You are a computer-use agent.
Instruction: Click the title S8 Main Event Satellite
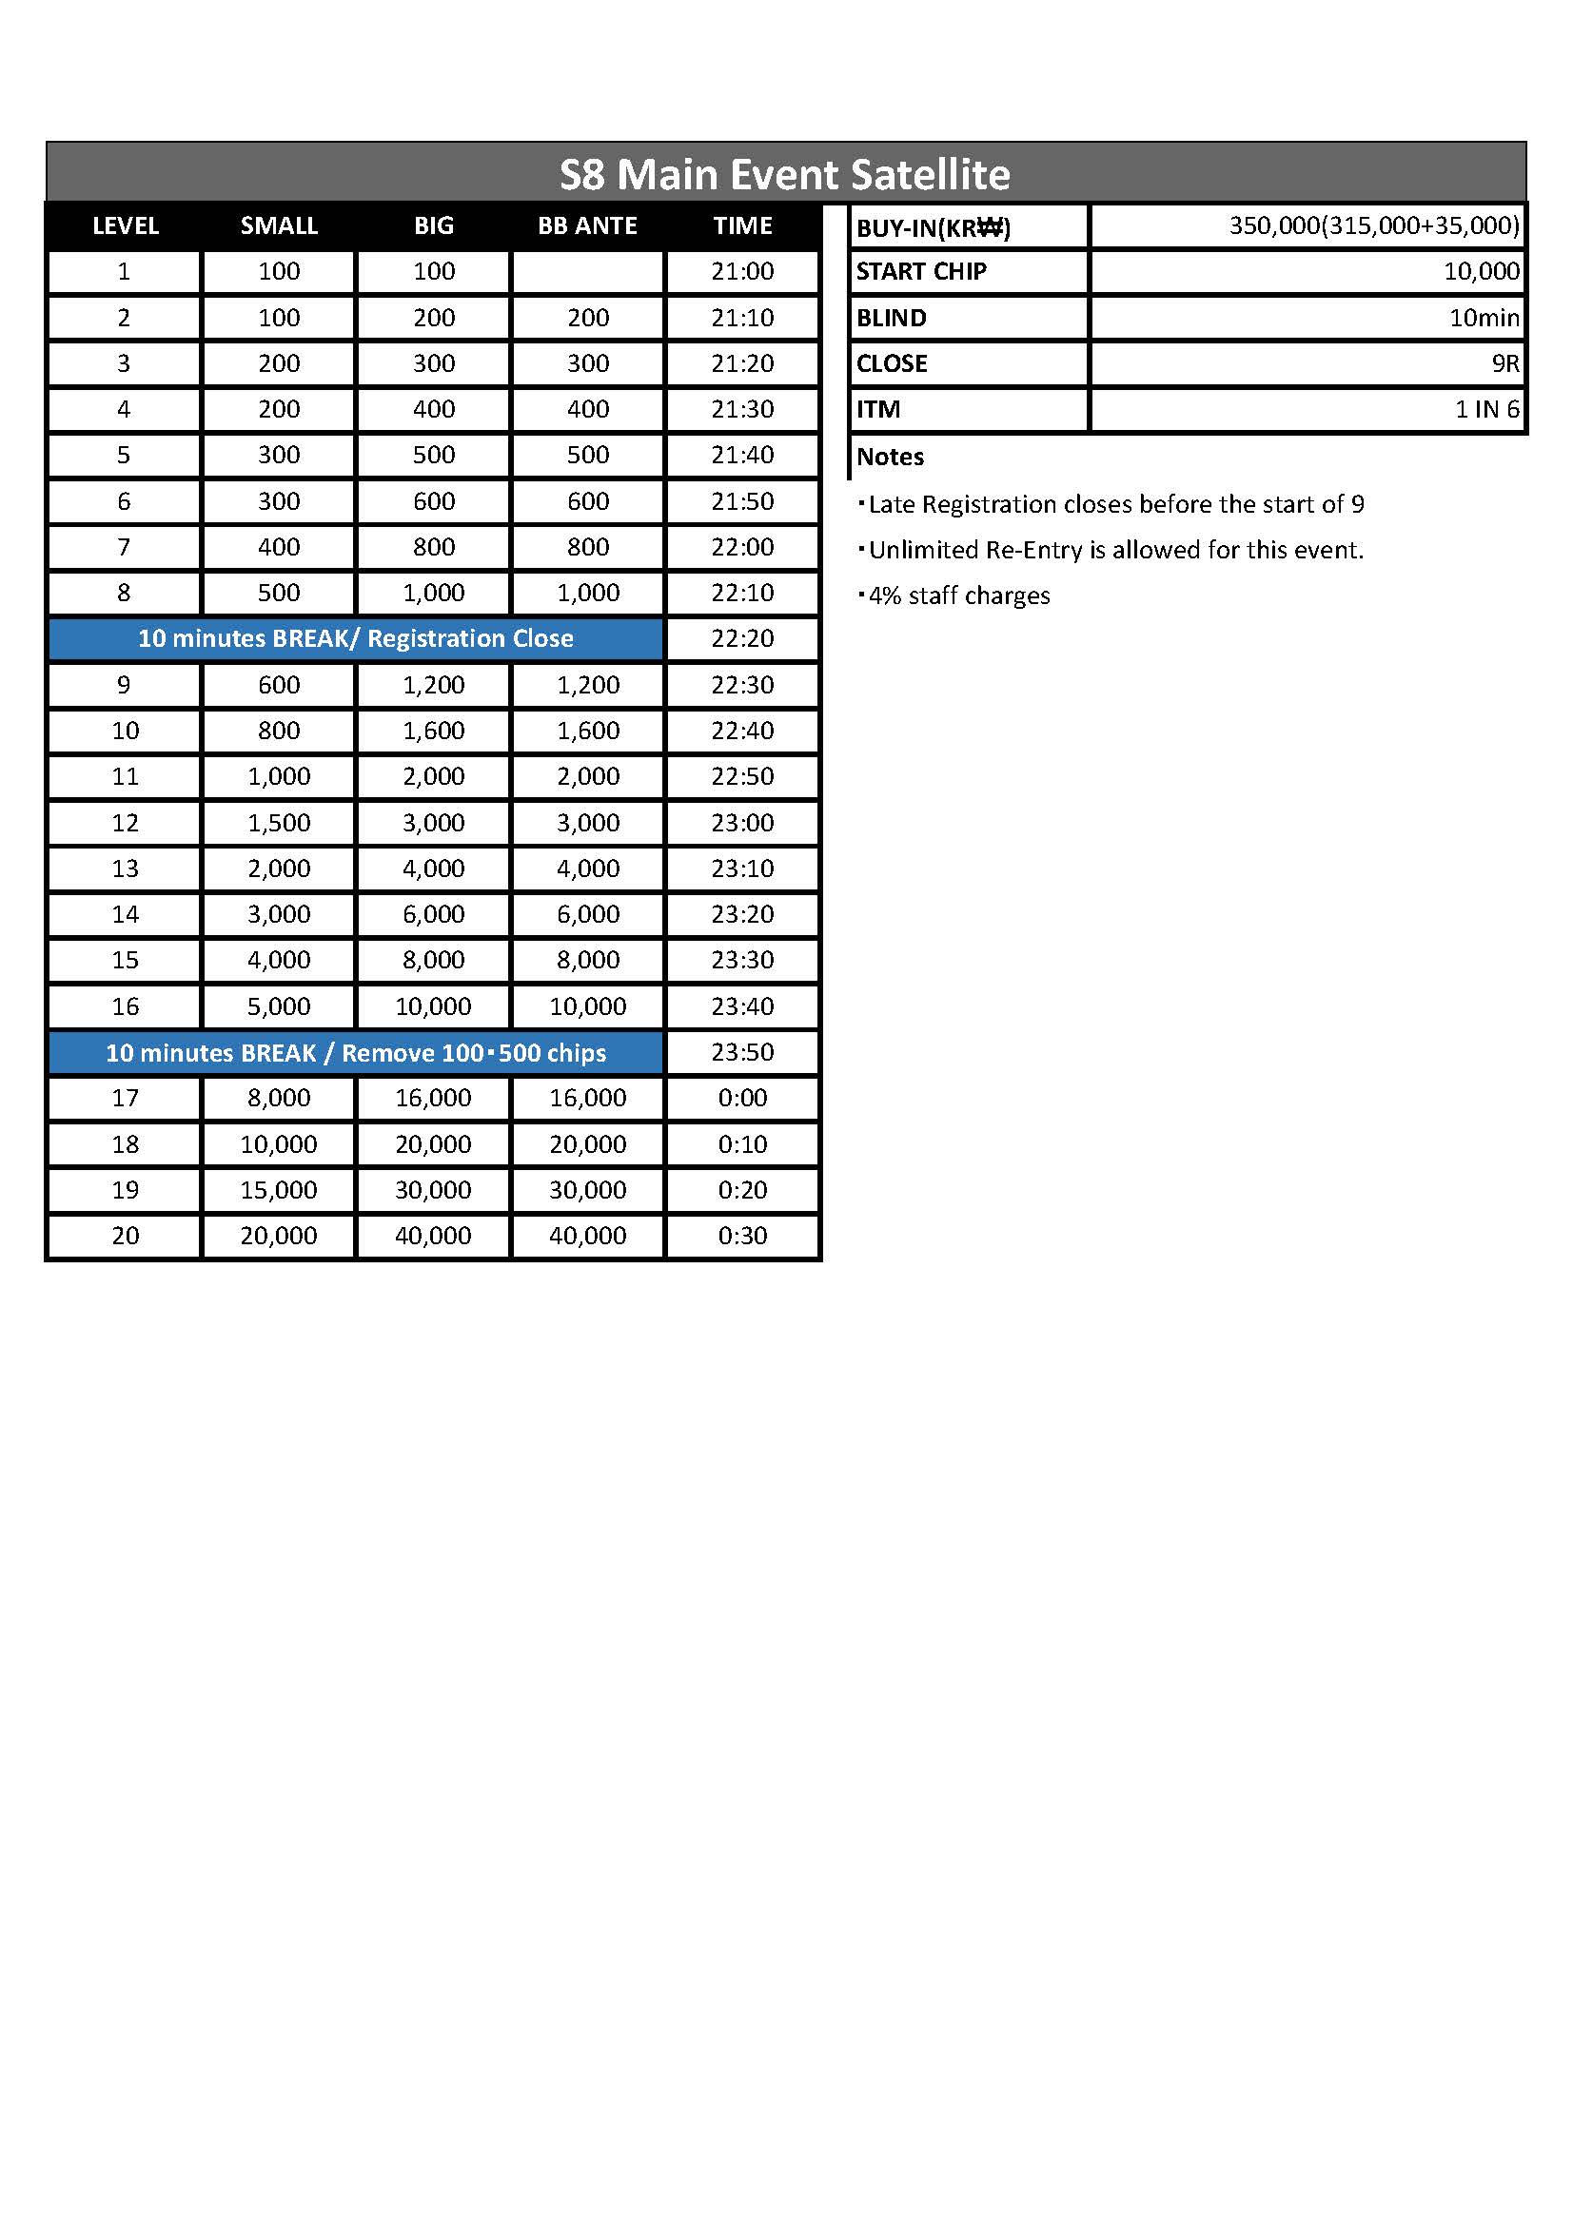[x=784, y=174]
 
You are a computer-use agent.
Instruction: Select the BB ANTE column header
[x=587, y=225]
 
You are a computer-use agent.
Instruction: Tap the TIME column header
[x=742, y=225]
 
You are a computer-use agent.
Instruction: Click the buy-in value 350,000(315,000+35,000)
[x=1373, y=225]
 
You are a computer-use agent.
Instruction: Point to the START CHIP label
[x=921, y=271]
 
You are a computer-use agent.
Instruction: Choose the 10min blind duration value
[x=1483, y=318]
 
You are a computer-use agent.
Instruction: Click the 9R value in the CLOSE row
[x=1504, y=363]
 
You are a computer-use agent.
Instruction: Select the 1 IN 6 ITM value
[x=1485, y=409]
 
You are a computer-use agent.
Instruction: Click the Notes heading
[x=890, y=457]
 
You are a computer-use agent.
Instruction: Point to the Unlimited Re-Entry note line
[x=1114, y=551]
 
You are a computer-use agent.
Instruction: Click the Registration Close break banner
[x=356, y=638]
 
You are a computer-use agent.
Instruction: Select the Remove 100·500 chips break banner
[x=356, y=1052]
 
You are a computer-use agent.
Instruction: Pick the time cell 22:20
[x=742, y=638]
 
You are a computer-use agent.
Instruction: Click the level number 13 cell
[x=125, y=869]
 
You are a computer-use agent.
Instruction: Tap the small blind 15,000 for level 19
[x=278, y=1190]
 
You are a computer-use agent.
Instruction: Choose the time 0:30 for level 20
[x=742, y=1236]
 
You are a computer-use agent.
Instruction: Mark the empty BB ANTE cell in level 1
[x=587, y=271]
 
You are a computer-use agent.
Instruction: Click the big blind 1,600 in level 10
[x=433, y=731]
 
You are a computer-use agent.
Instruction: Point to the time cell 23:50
[x=742, y=1052]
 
